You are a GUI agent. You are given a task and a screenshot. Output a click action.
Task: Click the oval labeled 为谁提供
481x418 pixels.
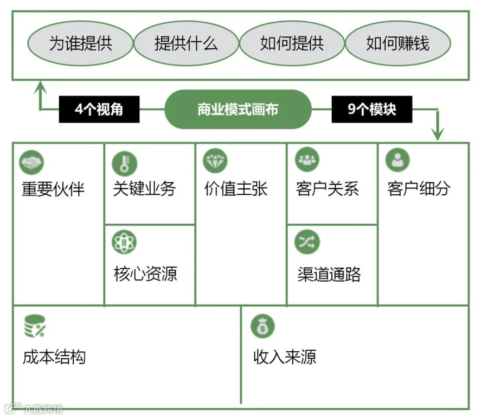point(80,43)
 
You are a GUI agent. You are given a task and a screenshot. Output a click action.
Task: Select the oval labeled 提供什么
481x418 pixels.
point(186,43)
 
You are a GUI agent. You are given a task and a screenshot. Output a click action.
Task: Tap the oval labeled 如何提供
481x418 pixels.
point(292,43)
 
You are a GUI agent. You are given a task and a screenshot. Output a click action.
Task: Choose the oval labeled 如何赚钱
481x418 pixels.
point(397,43)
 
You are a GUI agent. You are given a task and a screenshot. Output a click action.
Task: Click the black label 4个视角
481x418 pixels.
point(99,109)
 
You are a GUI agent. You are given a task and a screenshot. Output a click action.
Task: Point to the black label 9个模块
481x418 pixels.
point(372,109)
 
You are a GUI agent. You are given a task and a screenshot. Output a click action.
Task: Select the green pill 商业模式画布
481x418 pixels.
point(238,109)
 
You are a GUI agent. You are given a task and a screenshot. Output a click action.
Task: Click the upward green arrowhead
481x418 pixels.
point(40,86)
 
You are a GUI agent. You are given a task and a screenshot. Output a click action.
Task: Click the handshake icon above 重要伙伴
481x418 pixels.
point(31,162)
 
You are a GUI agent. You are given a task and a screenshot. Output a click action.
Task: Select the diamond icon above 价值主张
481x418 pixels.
point(215,161)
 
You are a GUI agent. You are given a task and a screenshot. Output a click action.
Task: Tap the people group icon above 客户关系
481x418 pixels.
point(307,160)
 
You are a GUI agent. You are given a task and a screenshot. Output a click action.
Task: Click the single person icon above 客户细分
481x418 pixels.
point(397,160)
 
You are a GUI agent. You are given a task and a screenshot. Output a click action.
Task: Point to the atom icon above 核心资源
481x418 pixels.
point(124,243)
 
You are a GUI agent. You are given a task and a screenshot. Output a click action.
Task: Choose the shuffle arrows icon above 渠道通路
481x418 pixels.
point(307,242)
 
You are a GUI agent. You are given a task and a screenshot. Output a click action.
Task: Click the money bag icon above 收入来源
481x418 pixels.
point(263,326)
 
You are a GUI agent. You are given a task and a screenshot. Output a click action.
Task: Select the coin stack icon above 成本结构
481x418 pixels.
point(35,326)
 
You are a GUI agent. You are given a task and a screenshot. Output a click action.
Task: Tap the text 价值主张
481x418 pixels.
point(236,189)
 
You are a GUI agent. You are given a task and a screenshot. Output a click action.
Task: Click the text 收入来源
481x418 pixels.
point(285,357)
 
